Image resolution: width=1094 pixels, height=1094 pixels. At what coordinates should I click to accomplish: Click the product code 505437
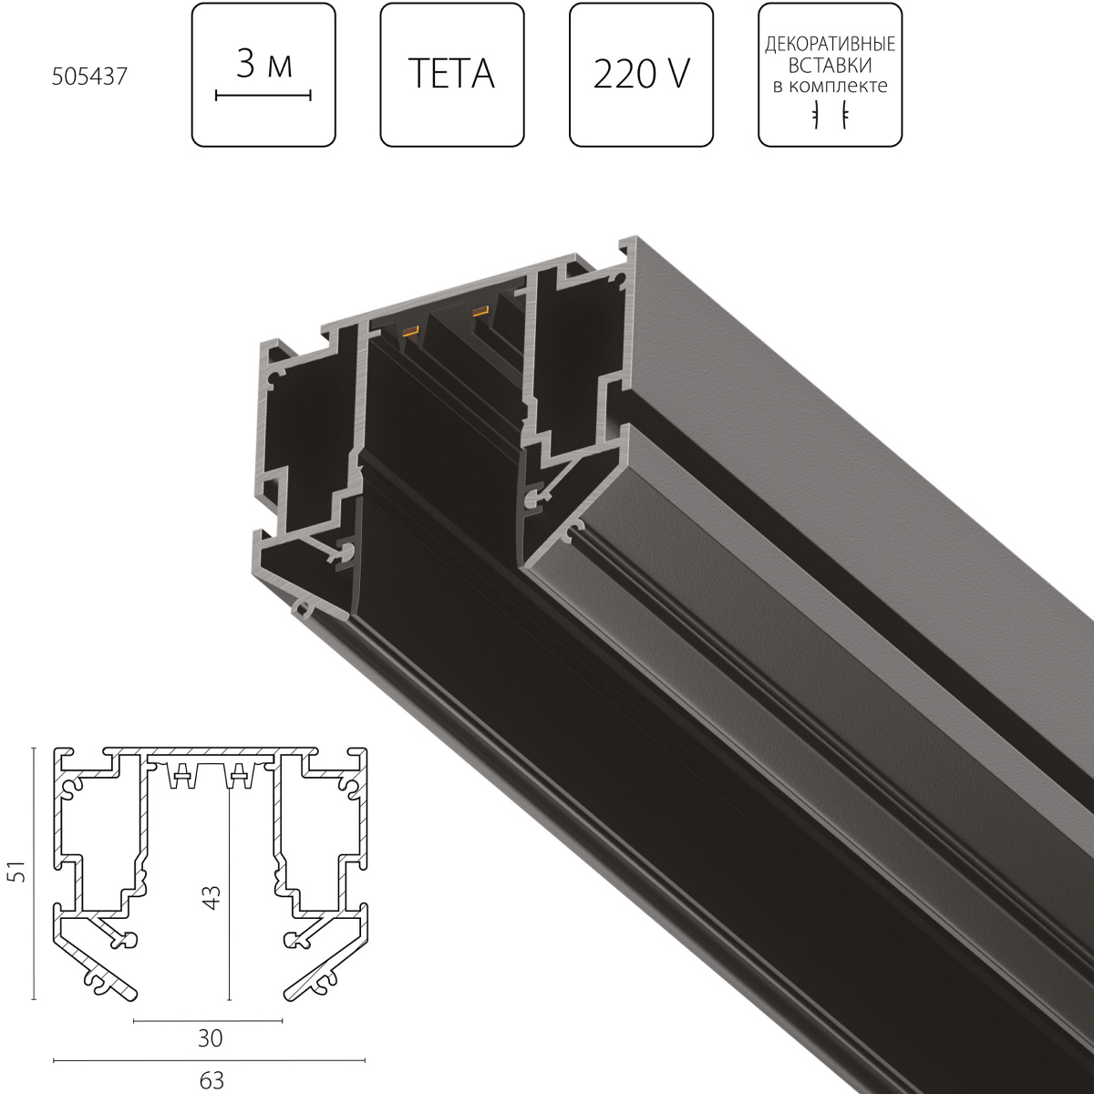[89, 77]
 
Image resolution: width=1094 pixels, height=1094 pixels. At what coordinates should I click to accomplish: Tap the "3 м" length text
[264, 64]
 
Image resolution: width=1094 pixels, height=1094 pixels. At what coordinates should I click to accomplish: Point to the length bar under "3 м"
[263, 96]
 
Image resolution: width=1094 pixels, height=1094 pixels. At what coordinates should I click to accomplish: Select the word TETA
[452, 74]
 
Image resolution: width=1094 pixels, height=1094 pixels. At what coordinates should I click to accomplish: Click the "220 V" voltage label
[642, 75]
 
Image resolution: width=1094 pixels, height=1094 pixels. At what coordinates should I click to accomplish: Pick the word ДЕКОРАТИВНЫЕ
[830, 45]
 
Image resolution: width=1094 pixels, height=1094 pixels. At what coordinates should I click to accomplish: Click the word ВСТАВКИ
[830, 66]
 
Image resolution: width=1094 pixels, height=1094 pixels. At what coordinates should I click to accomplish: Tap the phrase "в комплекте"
[830, 86]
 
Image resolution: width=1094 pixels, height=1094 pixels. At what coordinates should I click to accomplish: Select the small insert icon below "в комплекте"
[830, 115]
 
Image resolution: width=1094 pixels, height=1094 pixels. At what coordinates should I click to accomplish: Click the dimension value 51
[20, 871]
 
